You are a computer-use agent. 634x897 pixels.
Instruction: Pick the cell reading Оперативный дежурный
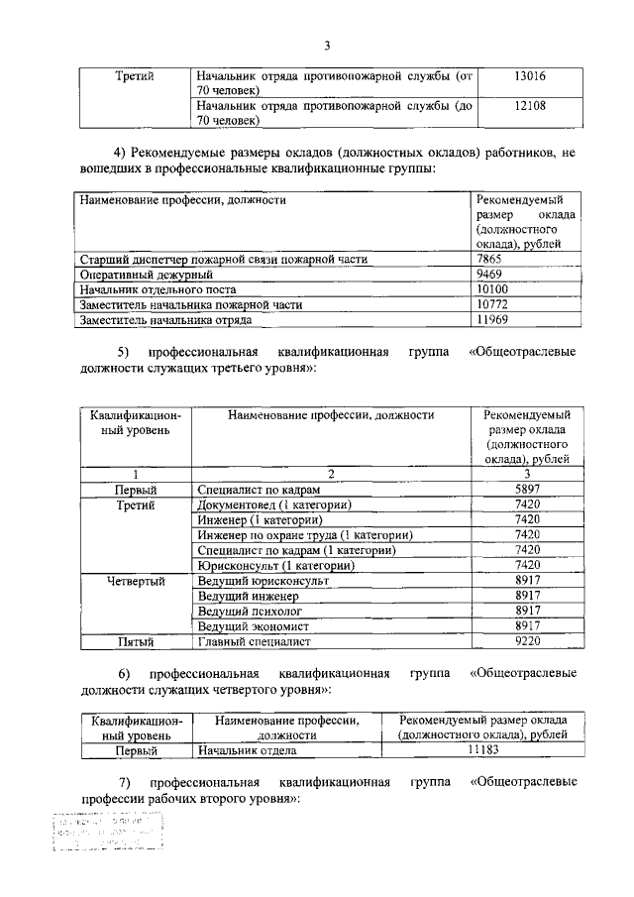point(147,275)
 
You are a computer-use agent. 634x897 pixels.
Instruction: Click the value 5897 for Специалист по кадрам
point(527,490)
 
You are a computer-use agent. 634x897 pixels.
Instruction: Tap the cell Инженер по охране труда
point(304,535)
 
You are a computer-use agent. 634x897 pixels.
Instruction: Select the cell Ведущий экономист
point(253,626)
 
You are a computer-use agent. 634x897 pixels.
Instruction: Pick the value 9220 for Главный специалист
point(527,641)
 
